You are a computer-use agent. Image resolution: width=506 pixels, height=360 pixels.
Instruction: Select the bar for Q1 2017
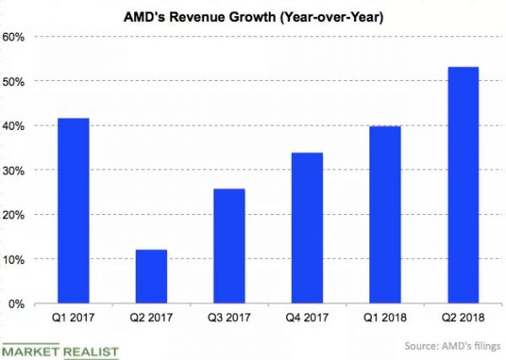(73, 211)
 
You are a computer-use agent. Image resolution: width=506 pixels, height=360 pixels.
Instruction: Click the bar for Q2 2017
(152, 277)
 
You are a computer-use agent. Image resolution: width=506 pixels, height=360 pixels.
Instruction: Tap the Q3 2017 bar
(229, 246)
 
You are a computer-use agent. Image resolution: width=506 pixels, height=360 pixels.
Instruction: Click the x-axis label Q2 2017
(152, 321)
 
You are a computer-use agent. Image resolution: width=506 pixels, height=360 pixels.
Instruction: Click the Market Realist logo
(60, 350)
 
